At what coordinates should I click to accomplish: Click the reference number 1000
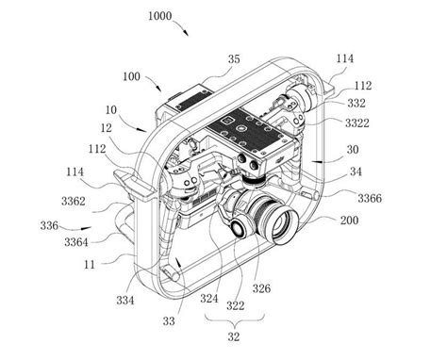tap(160, 16)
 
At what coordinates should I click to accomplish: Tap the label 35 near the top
tap(234, 59)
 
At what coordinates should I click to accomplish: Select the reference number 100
tap(131, 76)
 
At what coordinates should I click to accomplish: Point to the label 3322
tap(357, 123)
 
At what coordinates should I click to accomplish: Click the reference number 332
tap(356, 103)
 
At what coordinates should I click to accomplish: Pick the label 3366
tap(370, 198)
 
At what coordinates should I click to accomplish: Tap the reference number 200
tap(349, 221)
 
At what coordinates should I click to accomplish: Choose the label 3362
tap(74, 201)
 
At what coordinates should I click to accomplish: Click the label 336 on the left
tap(49, 225)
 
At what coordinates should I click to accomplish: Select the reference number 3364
tap(76, 242)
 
